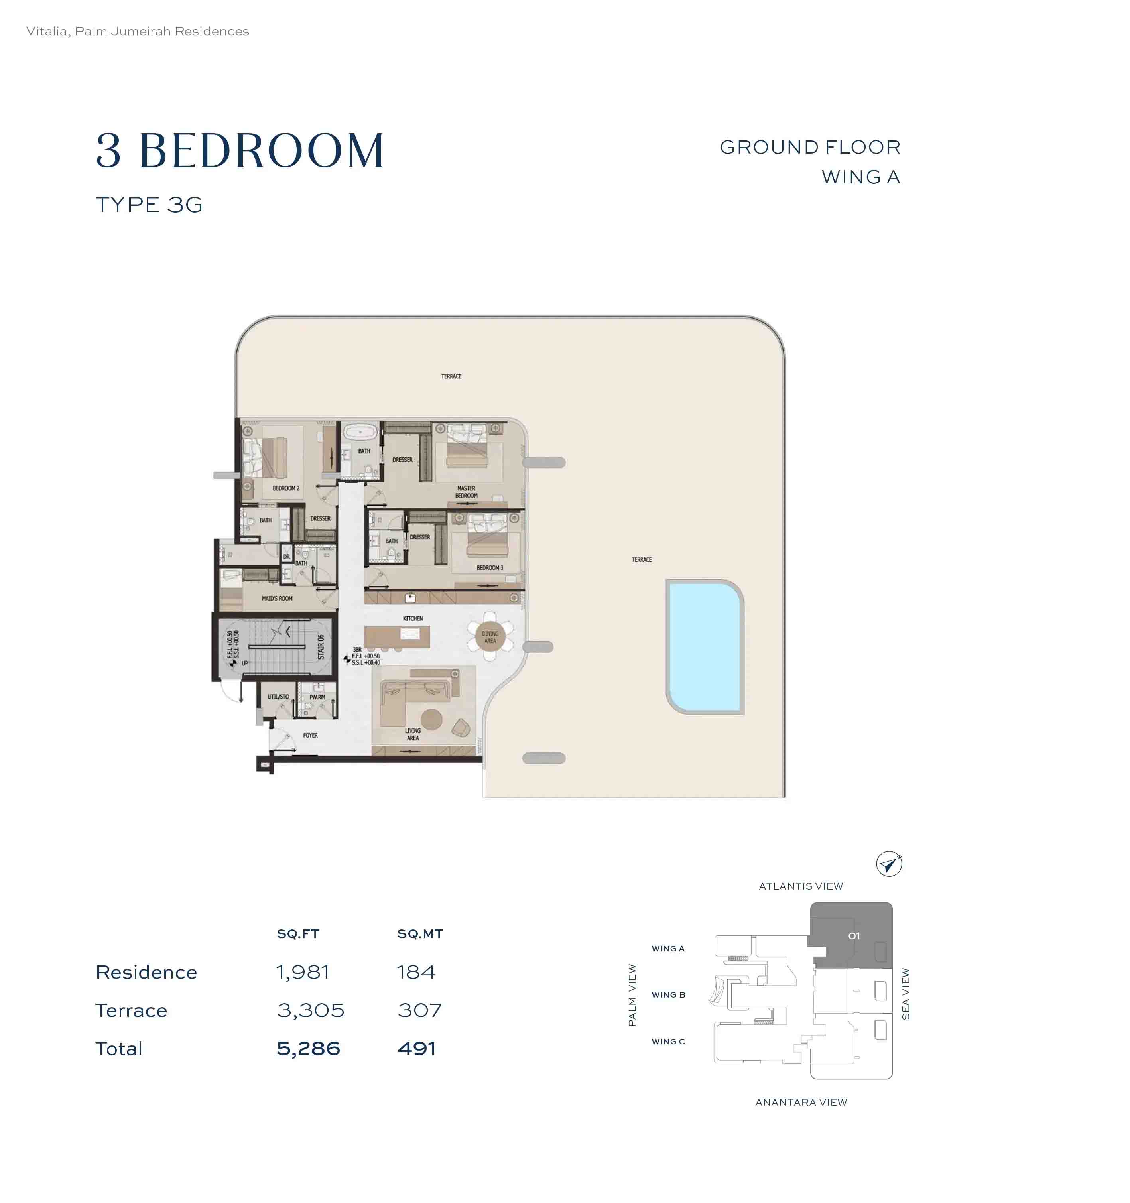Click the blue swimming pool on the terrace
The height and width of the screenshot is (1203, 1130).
705,646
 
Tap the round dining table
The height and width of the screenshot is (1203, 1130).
490,637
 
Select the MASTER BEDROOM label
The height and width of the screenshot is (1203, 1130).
466,491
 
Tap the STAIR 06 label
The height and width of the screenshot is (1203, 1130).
321,646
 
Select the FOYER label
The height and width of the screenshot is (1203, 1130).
310,735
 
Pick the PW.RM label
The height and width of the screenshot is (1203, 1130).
317,697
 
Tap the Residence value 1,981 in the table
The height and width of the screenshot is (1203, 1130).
303,972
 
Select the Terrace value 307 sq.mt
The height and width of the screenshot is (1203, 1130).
419,1010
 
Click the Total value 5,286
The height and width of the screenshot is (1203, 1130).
308,1048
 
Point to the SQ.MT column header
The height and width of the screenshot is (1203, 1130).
420,934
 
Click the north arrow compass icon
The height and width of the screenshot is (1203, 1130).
888,864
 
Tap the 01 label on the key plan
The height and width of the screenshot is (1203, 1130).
853,935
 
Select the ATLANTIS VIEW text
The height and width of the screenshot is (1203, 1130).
800,886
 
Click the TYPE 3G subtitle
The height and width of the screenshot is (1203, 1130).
149,205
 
